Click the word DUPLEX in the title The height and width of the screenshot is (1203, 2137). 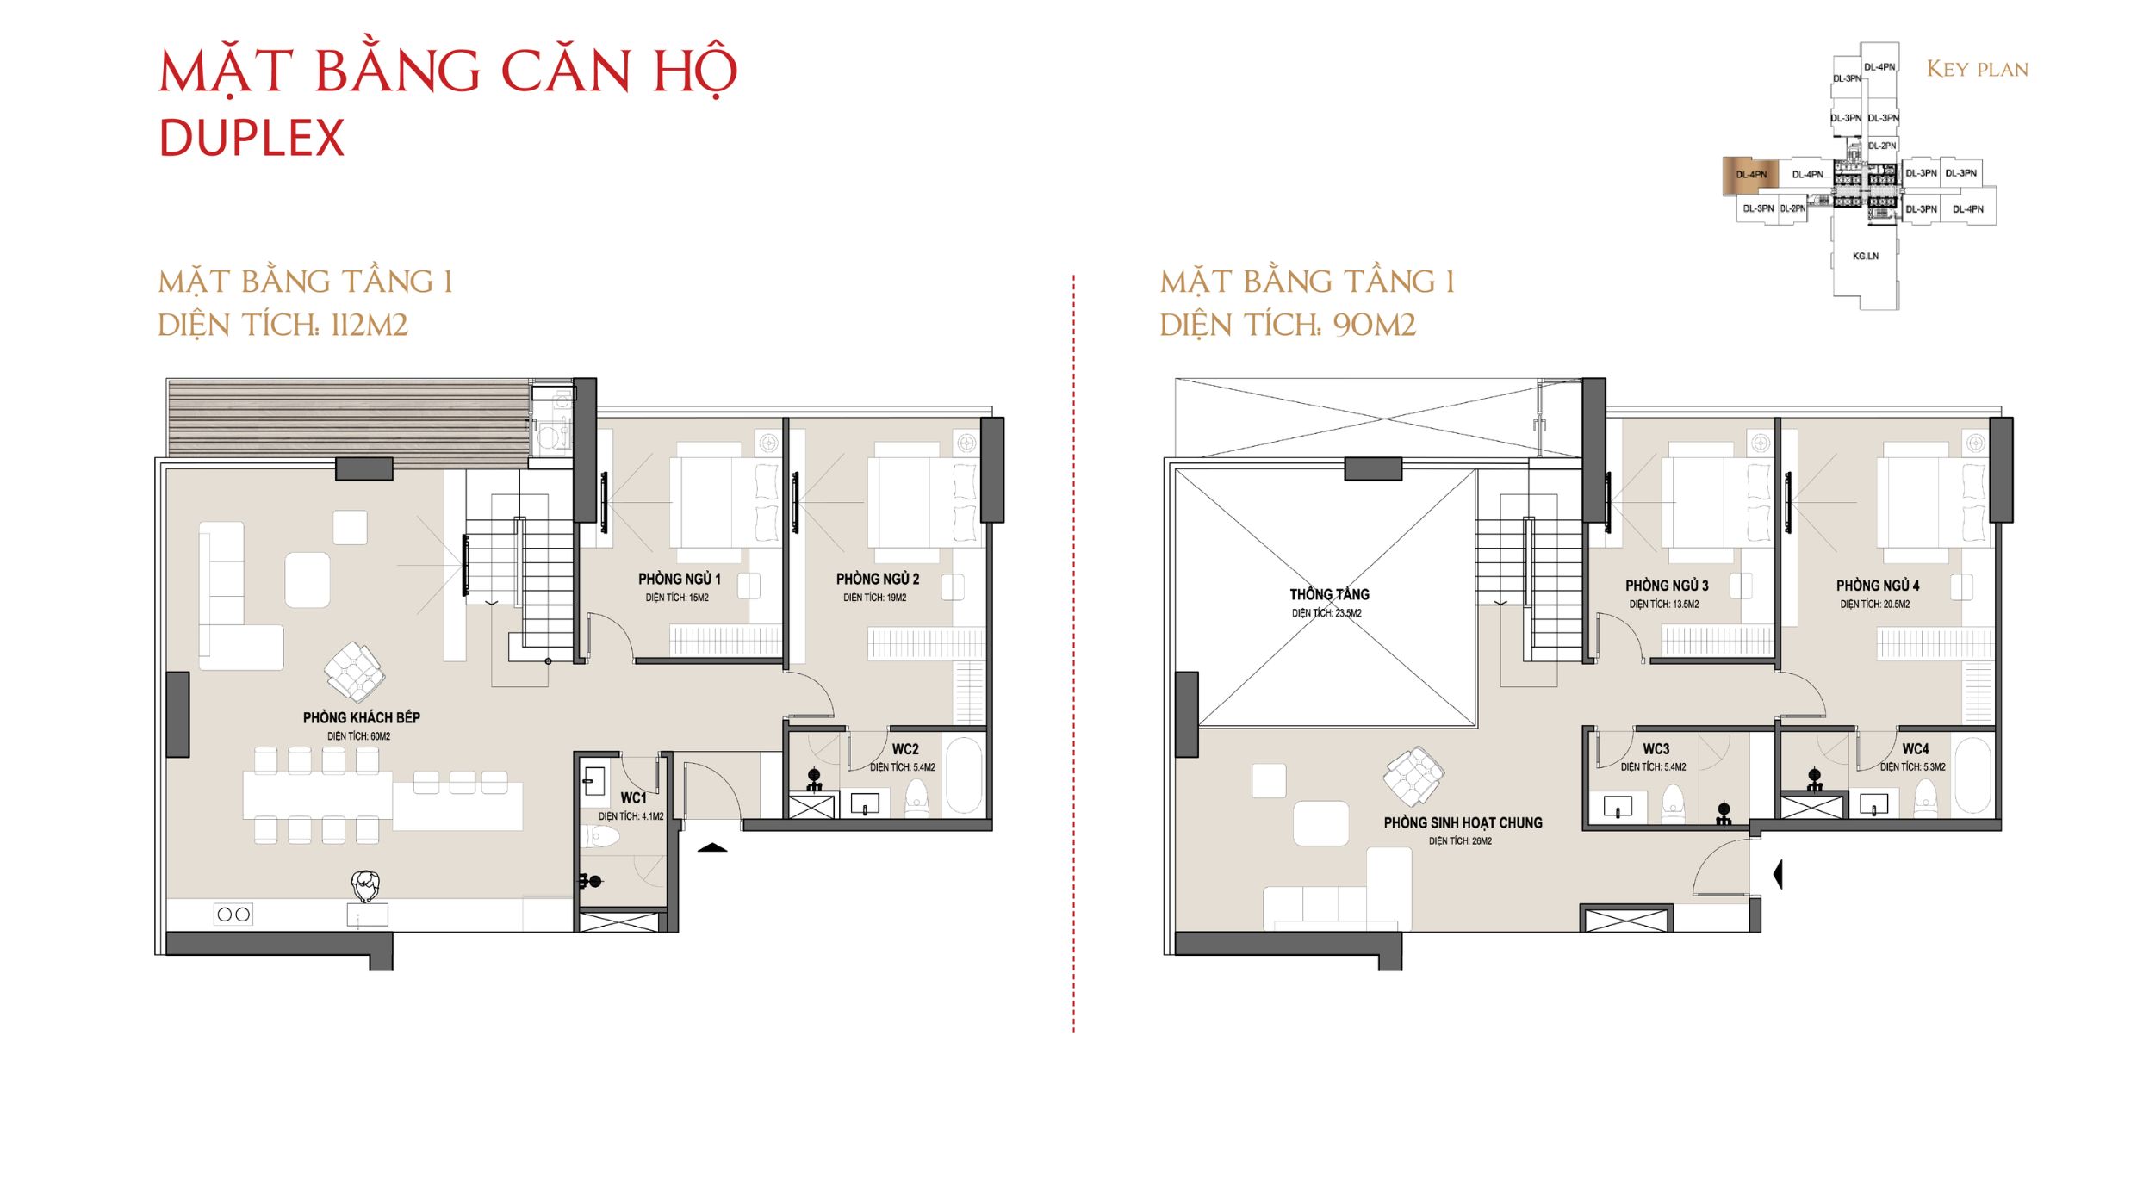click(252, 138)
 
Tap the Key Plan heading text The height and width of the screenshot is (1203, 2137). click(1977, 69)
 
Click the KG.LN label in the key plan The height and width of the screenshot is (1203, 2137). click(1866, 256)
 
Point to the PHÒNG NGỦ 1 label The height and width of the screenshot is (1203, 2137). click(679, 579)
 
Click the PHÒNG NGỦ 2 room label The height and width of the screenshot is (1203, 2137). click(877, 579)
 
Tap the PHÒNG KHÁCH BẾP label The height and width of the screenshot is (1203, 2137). click(361, 717)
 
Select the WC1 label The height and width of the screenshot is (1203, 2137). click(633, 798)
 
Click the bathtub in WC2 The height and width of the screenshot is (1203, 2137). click(964, 774)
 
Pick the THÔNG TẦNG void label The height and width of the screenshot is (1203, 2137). click(1329, 594)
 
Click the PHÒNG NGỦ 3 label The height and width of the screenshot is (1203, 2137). click(1667, 586)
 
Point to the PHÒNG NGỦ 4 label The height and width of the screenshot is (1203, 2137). click(1878, 586)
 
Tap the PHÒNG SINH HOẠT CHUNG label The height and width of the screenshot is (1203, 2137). click(1463, 822)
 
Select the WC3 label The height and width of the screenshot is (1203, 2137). click(1656, 749)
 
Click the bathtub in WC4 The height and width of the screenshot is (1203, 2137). click(1972, 774)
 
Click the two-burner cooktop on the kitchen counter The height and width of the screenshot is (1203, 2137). click(233, 915)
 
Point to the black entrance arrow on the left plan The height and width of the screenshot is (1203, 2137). click(712, 848)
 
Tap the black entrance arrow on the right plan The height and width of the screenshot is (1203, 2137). click(1778, 874)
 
